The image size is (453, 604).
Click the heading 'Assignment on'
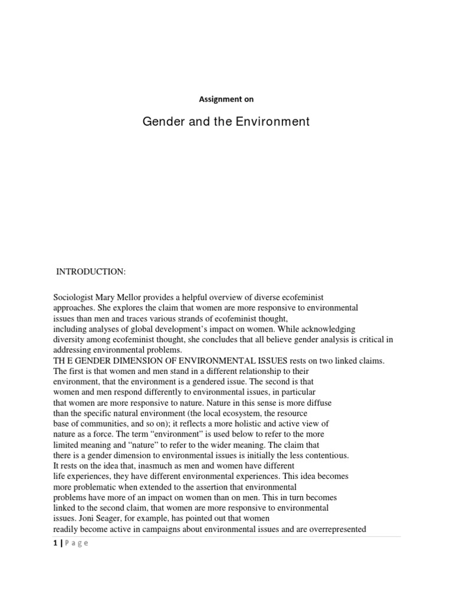pos(226,100)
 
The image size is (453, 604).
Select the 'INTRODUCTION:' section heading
pos(90,272)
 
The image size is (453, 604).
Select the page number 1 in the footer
pos(55,544)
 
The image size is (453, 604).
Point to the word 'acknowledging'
pos(327,329)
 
